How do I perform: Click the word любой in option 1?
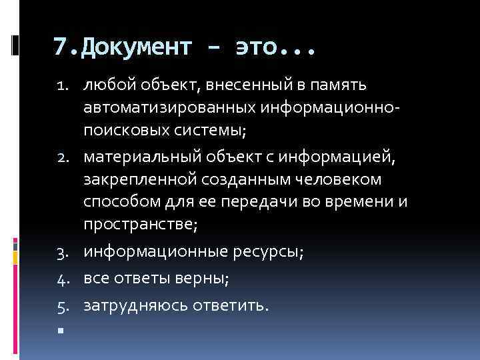(x=105, y=85)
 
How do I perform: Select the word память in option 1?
(x=341, y=85)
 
